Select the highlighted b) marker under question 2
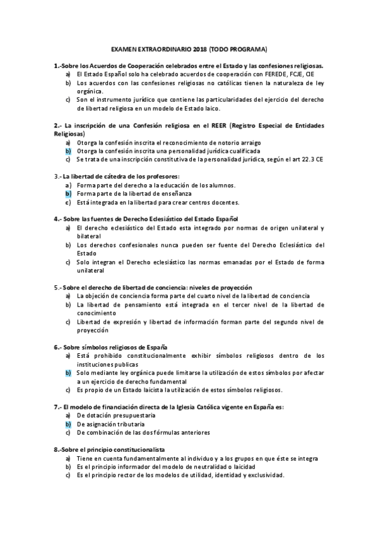[x=68, y=151]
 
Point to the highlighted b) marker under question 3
[x=68, y=194]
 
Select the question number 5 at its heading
[x=56, y=287]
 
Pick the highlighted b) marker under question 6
[x=68, y=373]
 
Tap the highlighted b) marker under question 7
[x=68, y=425]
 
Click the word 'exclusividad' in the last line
[x=266, y=476]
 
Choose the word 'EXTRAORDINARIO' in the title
[x=159, y=49]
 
